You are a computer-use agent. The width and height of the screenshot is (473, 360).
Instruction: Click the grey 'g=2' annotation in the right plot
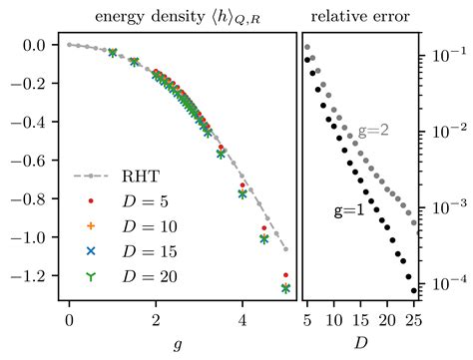click(x=374, y=133)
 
